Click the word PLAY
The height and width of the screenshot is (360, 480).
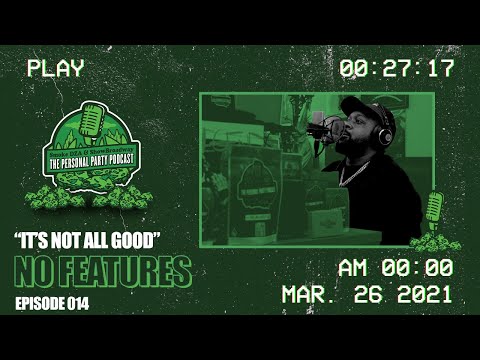coord(56,69)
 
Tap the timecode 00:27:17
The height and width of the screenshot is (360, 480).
coord(397,69)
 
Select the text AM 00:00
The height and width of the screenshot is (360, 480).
coord(395,267)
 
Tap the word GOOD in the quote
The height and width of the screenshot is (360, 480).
coord(138,241)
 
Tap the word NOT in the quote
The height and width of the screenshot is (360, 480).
coord(70,241)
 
